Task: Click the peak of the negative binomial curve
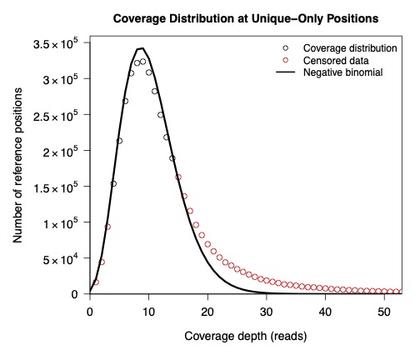coord(142,48)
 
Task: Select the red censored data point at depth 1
coord(96,282)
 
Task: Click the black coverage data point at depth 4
coord(113,184)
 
